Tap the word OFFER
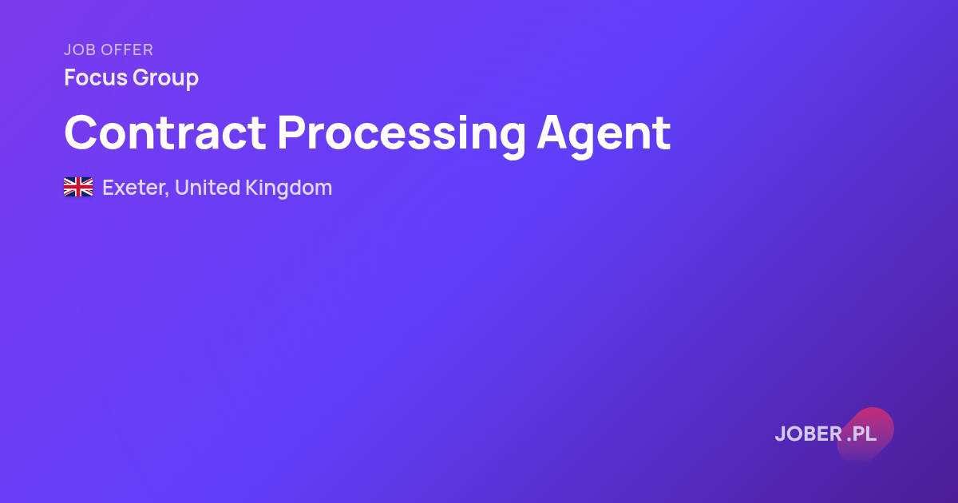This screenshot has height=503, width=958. point(128,50)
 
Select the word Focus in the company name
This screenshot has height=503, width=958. point(96,77)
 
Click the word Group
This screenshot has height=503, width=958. point(165,79)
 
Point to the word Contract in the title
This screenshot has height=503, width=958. point(165,133)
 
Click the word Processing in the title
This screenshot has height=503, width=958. point(402,135)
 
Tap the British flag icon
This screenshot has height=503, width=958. point(78,188)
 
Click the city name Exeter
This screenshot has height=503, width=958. point(133,188)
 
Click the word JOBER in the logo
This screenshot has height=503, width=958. point(809,434)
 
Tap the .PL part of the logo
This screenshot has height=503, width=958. point(861,434)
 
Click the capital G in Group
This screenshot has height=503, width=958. point(141,77)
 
